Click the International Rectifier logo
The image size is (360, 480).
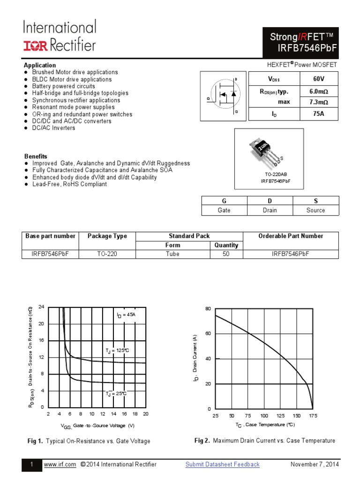(x=60, y=36)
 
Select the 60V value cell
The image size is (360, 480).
(x=318, y=79)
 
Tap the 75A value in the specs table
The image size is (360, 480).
(x=318, y=113)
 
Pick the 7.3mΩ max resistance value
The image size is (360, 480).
(x=318, y=102)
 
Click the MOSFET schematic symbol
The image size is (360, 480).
(x=223, y=96)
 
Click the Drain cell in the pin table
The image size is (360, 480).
(x=270, y=210)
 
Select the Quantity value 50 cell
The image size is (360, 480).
(x=226, y=254)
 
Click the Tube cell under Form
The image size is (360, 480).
(x=172, y=254)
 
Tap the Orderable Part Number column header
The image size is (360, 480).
(x=291, y=236)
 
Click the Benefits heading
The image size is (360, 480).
(x=36, y=156)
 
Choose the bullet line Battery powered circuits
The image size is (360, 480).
(x=63, y=86)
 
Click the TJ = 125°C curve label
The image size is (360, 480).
(x=117, y=350)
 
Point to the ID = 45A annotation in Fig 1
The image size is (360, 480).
(x=126, y=315)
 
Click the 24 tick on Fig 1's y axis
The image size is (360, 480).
(x=41, y=307)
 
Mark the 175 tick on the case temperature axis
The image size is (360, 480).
(x=313, y=416)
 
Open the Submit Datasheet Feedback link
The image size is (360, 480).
(x=222, y=465)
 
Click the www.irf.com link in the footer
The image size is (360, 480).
(x=60, y=465)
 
